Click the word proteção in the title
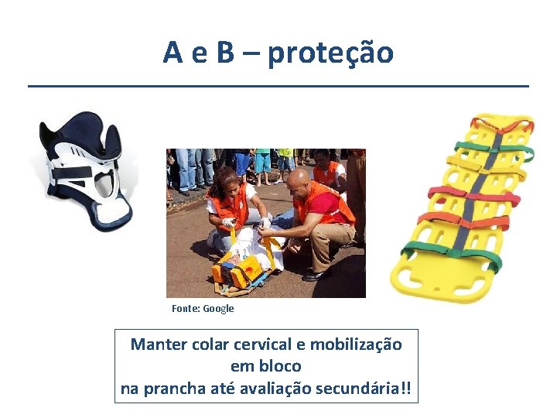331,53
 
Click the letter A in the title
173,53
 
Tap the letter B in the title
225,53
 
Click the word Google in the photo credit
218,309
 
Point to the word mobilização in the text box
364,344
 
